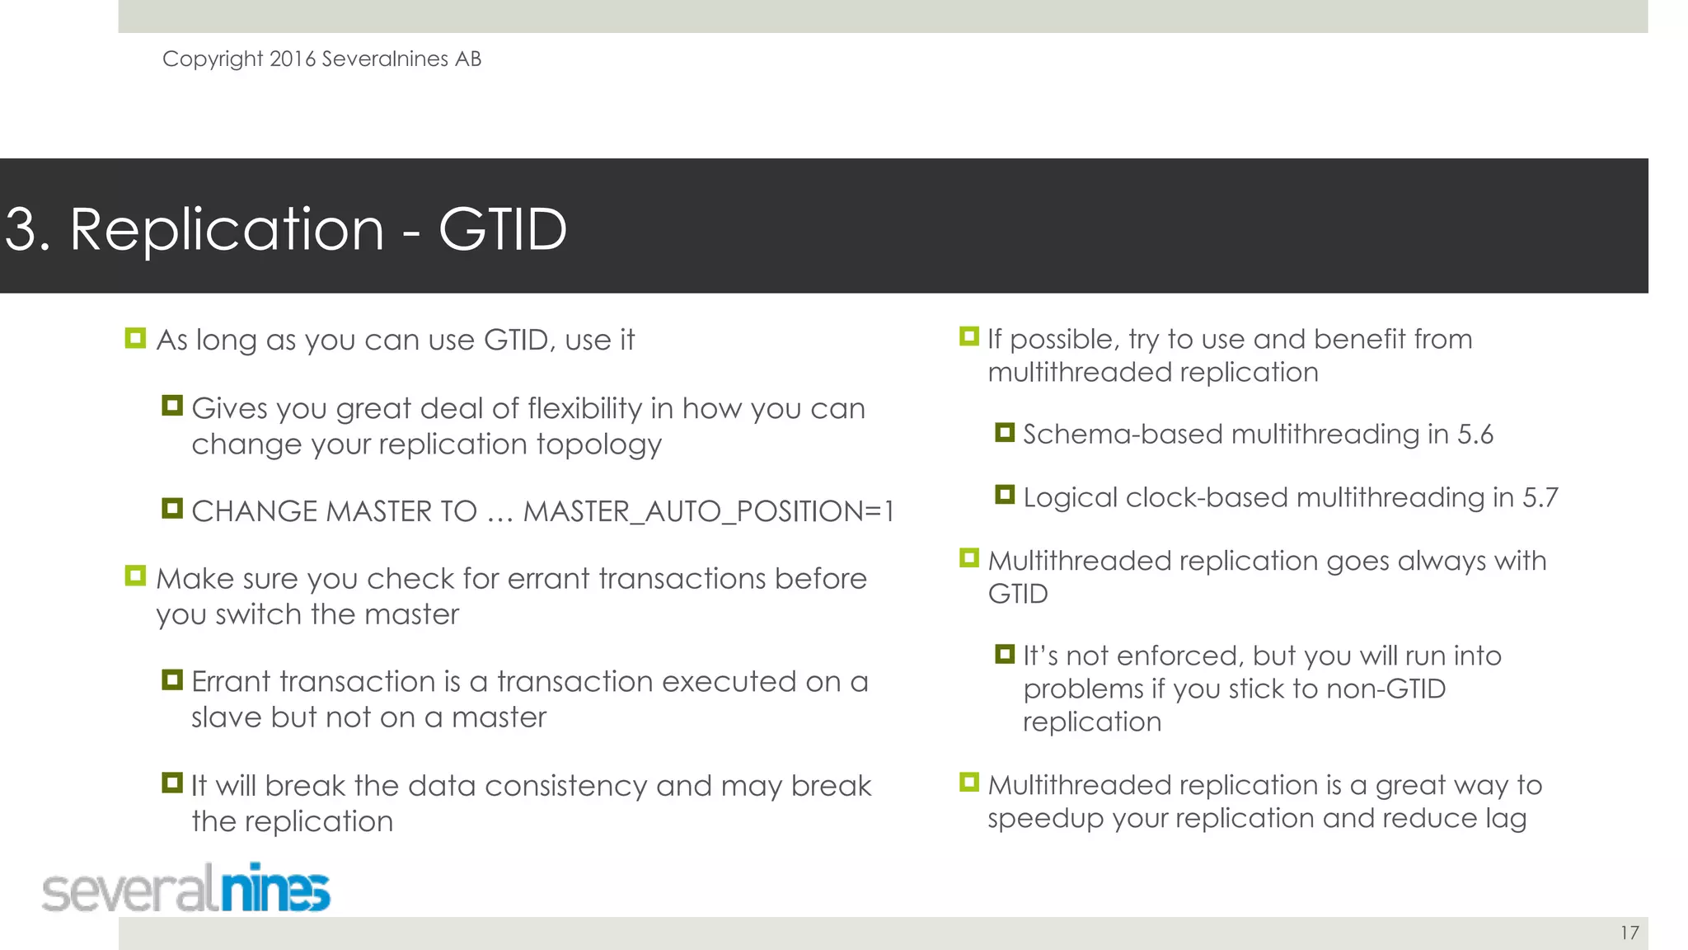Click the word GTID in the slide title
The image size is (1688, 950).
(502, 229)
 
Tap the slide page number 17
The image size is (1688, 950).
(1629, 933)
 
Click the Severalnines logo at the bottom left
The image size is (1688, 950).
(186, 889)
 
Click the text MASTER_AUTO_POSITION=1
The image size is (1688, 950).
(708, 511)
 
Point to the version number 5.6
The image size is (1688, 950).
(1475, 435)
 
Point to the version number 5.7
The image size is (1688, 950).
(1540, 498)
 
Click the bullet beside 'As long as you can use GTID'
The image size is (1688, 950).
(135, 338)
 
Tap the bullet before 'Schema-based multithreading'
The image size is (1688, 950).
(1004, 432)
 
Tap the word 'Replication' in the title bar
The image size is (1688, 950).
(227, 229)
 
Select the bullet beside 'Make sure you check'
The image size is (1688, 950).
(135, 576)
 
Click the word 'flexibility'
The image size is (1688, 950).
(584, 409)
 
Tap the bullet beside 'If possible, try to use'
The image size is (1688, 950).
(969, 336)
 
